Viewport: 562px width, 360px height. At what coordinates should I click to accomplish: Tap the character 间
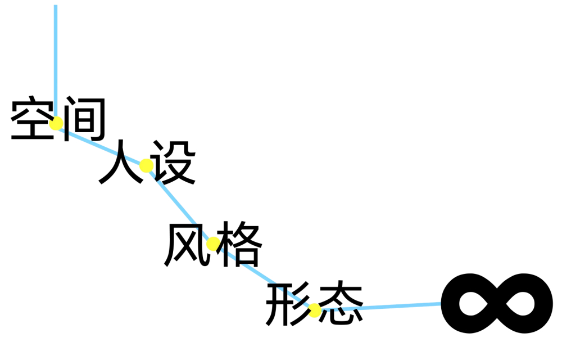85,119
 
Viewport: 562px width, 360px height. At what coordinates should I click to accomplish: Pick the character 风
185,244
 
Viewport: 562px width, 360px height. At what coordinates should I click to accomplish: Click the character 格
240,244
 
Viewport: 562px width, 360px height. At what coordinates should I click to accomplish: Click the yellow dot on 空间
56,123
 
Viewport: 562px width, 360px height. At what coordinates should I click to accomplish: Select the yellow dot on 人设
146,165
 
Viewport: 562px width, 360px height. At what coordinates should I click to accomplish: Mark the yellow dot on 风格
213,244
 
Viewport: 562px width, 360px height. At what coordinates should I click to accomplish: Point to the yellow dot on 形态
315,310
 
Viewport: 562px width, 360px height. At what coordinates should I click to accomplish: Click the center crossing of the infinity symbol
497,304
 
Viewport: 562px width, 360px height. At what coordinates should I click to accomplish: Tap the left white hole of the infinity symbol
473,304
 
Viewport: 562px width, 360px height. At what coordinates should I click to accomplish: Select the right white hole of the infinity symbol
521,304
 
